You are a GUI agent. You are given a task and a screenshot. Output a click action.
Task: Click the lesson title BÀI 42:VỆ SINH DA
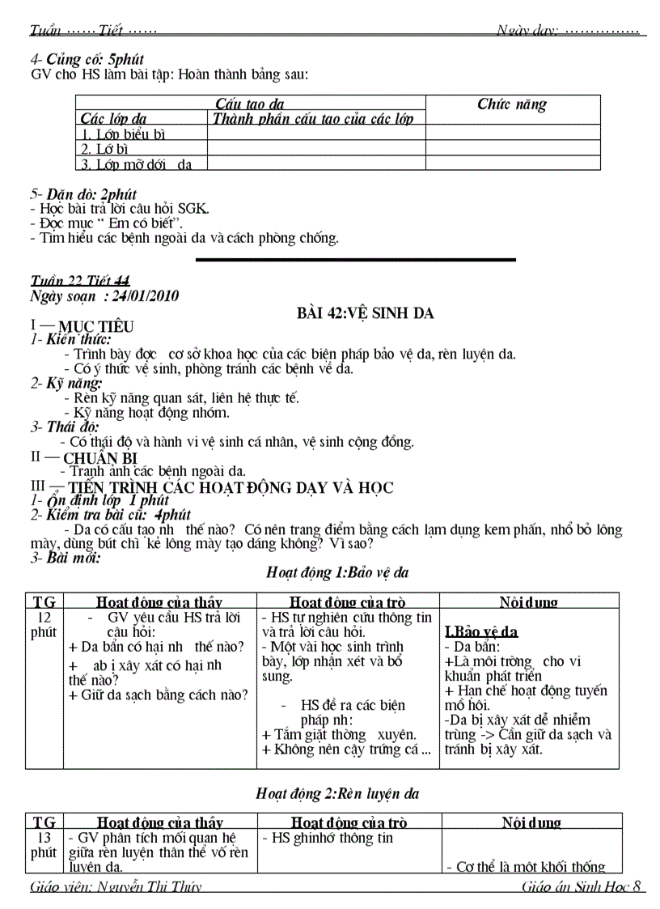(366, 313)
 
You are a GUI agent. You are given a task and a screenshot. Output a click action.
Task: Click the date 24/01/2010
(146, 296)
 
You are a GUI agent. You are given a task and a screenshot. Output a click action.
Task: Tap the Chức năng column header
(512, 104)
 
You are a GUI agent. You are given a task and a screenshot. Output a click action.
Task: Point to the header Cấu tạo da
(250, 104)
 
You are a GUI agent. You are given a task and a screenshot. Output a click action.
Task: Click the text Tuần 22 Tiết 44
(79, 280)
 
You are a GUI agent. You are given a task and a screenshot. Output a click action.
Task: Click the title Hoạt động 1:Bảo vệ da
(337, 573)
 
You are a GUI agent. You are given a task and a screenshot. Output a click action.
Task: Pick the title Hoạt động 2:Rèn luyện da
(337, 793)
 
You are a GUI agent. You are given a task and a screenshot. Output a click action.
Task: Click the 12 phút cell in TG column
(44, 625)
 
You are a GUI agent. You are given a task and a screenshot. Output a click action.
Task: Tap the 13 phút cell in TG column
(44, 846)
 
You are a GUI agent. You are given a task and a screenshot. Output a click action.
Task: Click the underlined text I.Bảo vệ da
(482, 632)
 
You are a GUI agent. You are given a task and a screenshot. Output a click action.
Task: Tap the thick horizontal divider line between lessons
(356, 260)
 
